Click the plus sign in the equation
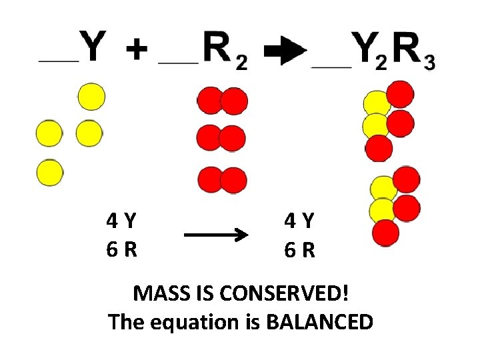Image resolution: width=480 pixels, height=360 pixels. [136, 49]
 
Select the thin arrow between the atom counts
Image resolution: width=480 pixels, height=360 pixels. [215, 235]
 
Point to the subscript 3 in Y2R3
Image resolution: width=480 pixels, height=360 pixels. [429, 63]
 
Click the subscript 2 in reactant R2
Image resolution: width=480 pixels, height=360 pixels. [241, 63]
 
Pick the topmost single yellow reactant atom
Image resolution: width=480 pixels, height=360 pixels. [91, 97]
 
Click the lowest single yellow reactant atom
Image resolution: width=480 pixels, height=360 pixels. [49, 173]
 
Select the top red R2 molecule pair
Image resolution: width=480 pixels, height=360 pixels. [223, 101]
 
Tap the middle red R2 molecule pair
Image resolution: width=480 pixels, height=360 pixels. [223, 139]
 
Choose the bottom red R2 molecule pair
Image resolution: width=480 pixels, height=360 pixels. [223, 180]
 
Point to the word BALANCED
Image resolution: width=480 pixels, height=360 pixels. [319, 323]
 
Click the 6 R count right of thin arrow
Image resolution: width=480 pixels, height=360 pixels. [299, 250]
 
